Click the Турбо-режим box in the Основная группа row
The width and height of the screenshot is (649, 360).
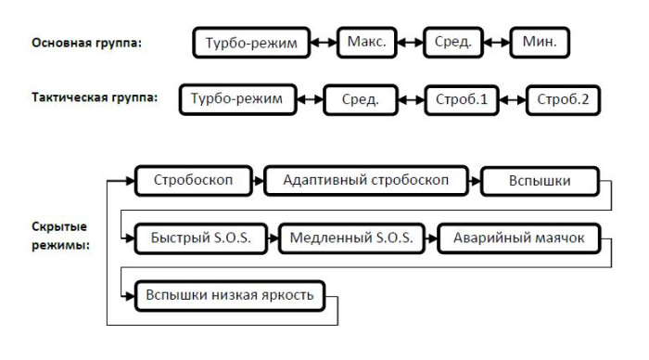point(249,44)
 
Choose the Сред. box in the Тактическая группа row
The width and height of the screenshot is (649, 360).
point(360,98)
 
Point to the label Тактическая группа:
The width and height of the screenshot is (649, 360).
point(88,96)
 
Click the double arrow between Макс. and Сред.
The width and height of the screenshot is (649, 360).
point(411,43)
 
